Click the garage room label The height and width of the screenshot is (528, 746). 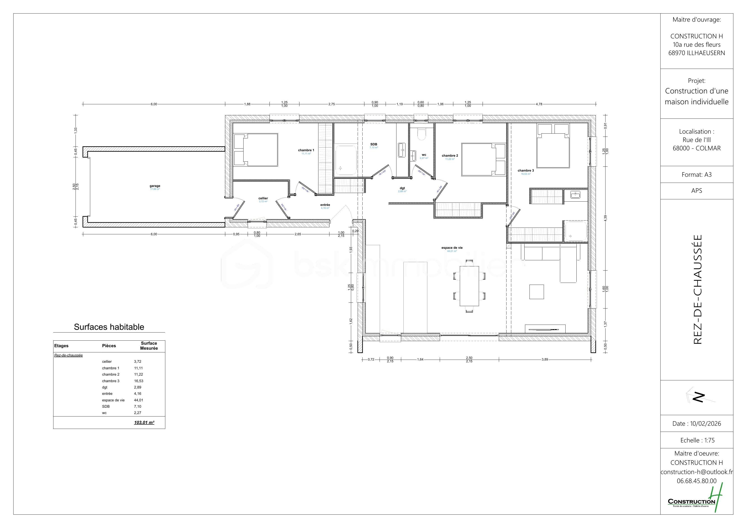click(155, 186)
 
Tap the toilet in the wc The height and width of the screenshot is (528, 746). click(421, 134)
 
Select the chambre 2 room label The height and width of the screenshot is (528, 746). click(450, 156)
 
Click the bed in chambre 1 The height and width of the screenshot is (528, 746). click(256, 150)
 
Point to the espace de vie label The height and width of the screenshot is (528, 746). click(452, 248)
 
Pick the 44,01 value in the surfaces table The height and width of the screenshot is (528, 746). click(138, 400)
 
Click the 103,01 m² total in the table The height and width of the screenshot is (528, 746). click(144, 423)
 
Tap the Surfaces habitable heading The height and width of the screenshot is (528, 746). click(109, 327)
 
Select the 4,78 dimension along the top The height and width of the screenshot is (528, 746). click(539, 104)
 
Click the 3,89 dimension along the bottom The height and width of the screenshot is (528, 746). click(545, 359)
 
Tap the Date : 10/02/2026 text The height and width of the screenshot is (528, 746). click(697, 423)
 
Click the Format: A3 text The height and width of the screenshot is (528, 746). click(697, 175)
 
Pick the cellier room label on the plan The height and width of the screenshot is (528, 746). click(263, 198)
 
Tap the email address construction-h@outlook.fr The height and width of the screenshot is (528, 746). click(696, 472)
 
